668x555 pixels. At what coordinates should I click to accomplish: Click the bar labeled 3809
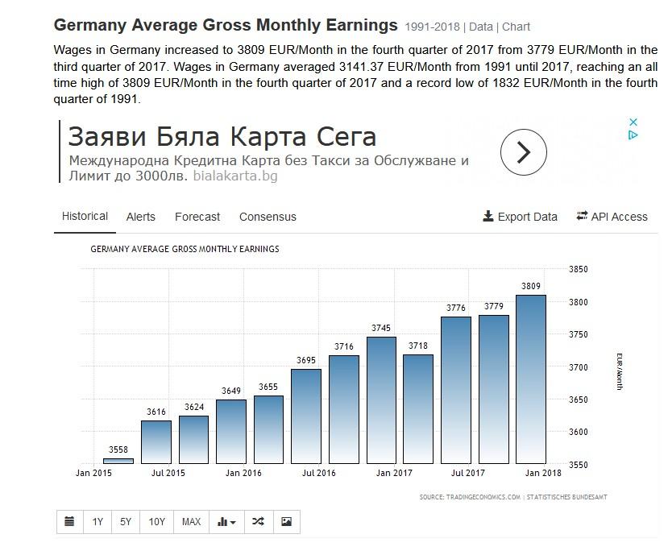531,379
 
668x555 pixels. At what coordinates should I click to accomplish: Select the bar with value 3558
118,461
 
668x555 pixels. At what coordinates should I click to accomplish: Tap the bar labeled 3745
381,400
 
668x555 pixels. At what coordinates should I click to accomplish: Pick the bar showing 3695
306,416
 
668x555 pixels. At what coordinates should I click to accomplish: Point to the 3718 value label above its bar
419,346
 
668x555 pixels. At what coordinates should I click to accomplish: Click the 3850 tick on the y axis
579,270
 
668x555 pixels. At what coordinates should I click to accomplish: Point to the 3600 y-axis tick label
579,433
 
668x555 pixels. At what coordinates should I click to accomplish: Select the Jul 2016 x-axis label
319,474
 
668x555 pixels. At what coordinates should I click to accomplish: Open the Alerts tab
141,217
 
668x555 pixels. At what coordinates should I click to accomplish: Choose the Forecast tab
197,217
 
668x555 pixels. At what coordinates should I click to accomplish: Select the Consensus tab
268,217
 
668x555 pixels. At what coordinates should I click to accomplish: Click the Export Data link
521,217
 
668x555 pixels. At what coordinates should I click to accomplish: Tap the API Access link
612,217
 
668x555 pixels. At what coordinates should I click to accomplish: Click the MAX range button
191,522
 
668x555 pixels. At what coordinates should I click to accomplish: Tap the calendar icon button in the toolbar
70,522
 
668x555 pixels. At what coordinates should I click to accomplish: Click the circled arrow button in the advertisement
524,151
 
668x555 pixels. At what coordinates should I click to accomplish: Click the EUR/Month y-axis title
620,371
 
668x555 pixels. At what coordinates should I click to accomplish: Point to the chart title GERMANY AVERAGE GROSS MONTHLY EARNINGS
185,250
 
